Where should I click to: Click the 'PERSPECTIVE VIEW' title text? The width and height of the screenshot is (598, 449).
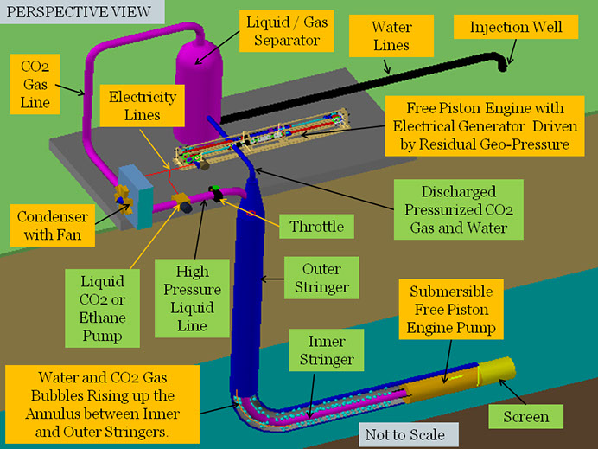[x=76, y=13]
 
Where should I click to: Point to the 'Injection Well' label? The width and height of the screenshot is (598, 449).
[x=515, y=27]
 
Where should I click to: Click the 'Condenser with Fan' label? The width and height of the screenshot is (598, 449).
[x=50, y=222]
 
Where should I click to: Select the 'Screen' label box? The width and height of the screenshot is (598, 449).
[x=525, y=417]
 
